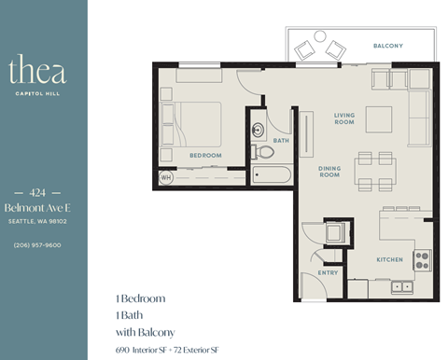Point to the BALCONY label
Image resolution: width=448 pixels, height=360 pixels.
[387, 46]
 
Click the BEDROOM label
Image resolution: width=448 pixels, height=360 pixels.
[204, 155]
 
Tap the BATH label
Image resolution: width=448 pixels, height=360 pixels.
[280, 141]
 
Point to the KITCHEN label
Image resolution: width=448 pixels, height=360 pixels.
[389, 258]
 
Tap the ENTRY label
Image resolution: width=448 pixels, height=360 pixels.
[328, 272]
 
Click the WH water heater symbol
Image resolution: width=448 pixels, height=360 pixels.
[166, 175]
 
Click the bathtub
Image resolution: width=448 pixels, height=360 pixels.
[273, 174]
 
